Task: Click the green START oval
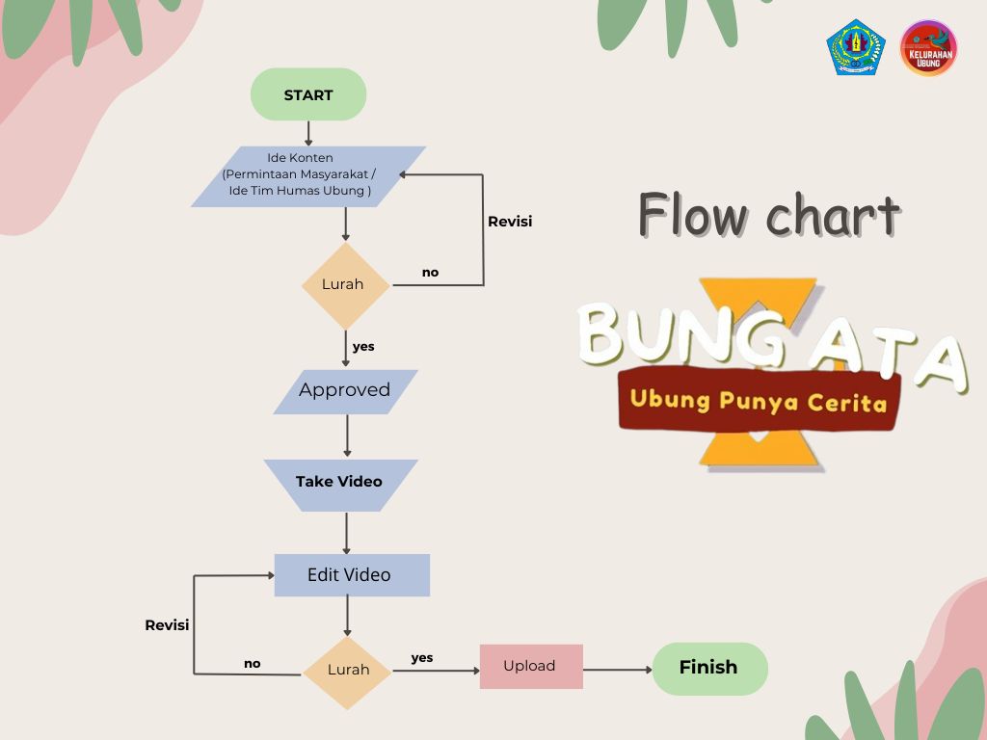pyautogui.click(x=308, y=94)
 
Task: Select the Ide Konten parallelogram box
pyautogui.click(x=308, y=176)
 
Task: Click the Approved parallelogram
pyautogui.click(x=345, y=391)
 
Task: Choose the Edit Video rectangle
pyautogui.click(x=351, y=575)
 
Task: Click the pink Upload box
pyautogui.click(x=531, y=667)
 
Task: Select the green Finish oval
pyautogui.click(x=709, y=668)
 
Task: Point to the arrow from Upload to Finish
pyautogui.click(x=618, y=670)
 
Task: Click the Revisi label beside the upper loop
pyautogui.click(x=510, y=222)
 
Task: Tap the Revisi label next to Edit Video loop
pyautogui.click(x=167, y=625)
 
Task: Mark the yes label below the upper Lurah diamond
pyautogui.click(x=363, y=346)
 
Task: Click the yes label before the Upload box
pyautogui.click(x=422, y=658)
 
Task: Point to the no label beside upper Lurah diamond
pyautogui.click(x=430, y=273)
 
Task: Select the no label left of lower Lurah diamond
pyautogui.click(x=252, y=663)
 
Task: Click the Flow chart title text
pyautogui.click(x=768, y=214)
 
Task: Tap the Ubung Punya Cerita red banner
pyautogui.click(x=759, y=400)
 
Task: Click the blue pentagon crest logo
pyautogui.click(x=855, y=48)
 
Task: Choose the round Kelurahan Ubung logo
pyautogui.click(x=928, y=48)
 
